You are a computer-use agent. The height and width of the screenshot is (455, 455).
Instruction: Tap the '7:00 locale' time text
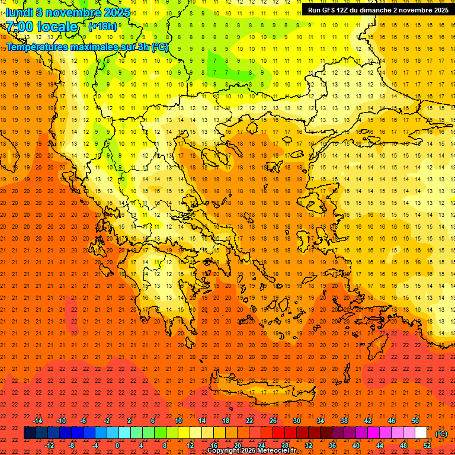41,27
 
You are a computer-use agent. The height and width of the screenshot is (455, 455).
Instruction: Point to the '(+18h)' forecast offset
102,26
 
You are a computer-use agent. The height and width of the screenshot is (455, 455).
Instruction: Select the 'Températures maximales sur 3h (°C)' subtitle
86,47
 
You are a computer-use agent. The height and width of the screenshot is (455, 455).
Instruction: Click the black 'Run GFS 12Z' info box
378,10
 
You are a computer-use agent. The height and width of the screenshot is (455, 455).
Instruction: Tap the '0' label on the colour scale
117,445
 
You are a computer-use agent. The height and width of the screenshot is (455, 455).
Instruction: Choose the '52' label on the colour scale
427,445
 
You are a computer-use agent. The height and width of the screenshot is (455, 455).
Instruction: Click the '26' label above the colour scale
273,421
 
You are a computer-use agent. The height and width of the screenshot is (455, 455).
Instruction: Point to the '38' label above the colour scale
344,421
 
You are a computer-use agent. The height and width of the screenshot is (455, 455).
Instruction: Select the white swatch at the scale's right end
421,433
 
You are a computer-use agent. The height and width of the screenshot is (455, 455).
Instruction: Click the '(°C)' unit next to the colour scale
441,434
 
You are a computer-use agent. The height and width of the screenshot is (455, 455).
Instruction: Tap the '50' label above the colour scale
415,421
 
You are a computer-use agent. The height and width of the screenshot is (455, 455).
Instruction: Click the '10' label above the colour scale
178,421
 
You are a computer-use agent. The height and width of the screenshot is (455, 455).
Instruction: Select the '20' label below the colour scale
237,445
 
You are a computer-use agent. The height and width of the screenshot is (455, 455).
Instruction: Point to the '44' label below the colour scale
380,445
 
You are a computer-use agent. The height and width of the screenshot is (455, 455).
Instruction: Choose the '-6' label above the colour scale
83,421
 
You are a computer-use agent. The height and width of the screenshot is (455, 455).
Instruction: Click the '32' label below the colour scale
309,445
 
